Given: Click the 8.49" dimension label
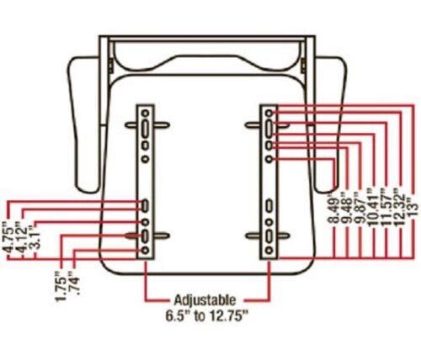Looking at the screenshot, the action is coord(334,208).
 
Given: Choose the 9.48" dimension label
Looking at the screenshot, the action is coord(348,208).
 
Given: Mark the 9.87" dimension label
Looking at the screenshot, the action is coord(360,208).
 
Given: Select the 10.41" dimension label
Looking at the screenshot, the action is coord(374,206).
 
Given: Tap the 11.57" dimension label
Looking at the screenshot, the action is coord(386,206).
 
